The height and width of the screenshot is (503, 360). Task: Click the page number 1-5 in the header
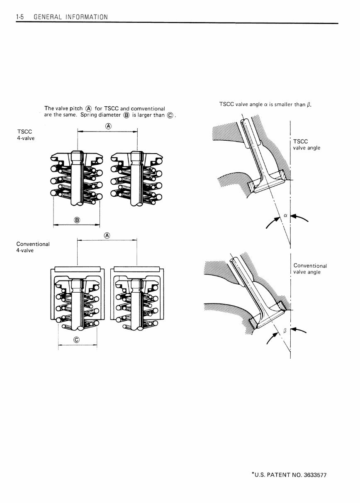(21, 17)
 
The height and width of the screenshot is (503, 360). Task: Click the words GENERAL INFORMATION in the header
(71, 17)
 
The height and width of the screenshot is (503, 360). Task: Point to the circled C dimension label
(76, 340)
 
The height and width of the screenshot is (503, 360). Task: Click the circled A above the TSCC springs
(107, 126)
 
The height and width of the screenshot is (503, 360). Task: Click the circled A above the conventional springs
(107, 235)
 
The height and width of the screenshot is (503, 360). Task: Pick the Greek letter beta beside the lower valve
(285, 330)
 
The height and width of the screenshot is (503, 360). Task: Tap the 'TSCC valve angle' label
(306, 144)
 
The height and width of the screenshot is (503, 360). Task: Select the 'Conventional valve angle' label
(310, 269)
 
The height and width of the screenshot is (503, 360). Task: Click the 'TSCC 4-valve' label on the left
(25, 135)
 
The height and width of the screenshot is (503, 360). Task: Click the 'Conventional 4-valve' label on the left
(33, 247)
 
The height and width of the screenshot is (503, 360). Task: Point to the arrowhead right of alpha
(295, 217)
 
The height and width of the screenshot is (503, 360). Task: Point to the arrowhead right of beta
(295, 330)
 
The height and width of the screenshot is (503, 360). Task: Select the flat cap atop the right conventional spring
(137, 269)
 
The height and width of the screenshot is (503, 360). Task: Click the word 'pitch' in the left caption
(76, 108)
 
